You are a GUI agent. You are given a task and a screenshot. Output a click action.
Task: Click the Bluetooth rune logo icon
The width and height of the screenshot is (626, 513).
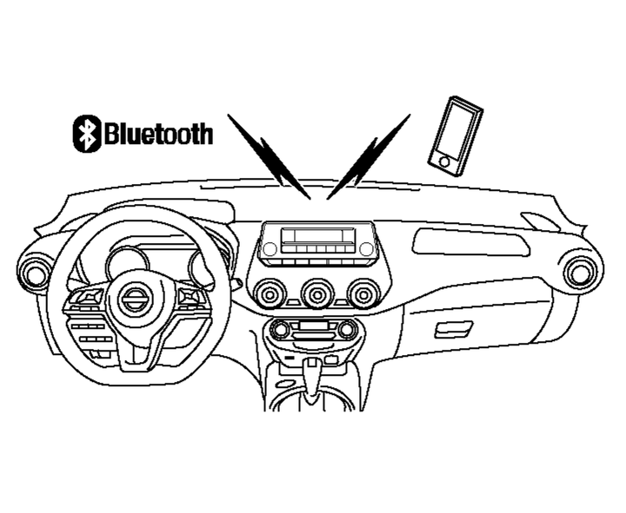click(x=86, y=134)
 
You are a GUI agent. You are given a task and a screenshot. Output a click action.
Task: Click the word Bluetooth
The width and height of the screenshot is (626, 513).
click(x=157, y=135)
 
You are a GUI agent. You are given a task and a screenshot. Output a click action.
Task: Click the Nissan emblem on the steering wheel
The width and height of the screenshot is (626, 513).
click(x=133, y=300)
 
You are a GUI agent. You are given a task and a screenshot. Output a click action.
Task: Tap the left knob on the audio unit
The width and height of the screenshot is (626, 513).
click(x=270, y=249)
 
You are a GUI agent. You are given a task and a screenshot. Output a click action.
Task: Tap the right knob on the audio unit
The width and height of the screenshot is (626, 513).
click(x=367, y=249)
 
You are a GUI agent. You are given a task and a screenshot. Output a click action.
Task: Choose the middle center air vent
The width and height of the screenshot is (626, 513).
click(x=317, y=294)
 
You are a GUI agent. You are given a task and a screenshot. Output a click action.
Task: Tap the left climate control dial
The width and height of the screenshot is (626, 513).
click(x=281, y=329)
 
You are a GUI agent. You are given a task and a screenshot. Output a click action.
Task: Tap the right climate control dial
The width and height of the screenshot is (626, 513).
click(x=348, y=329)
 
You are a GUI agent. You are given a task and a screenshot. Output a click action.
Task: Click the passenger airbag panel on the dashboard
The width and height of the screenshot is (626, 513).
click(x=470, y=241)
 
